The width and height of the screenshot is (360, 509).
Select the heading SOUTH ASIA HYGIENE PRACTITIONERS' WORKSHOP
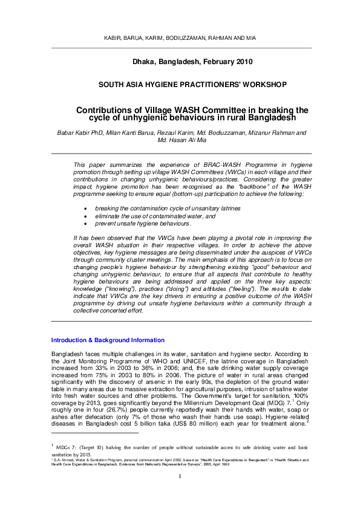point(180,85)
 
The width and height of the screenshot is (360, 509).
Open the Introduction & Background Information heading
point(108,340)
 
